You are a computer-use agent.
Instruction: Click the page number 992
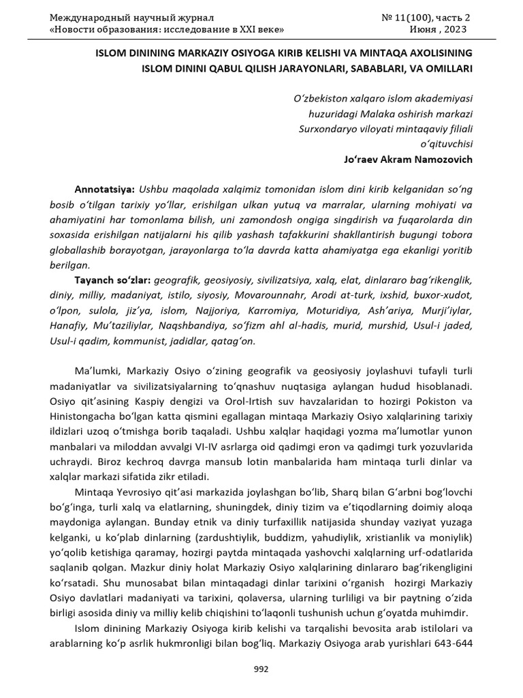coord(261,669)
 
